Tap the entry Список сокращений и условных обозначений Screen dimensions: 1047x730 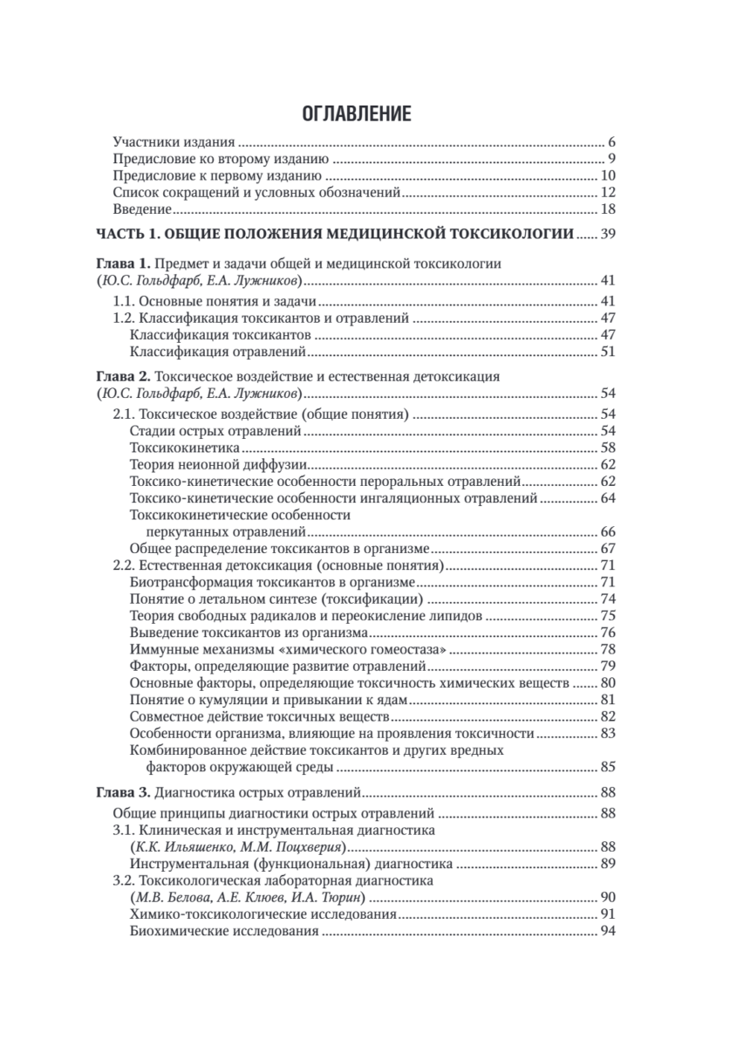click(257, 192)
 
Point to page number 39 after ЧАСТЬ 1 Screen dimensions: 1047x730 click(609, 234)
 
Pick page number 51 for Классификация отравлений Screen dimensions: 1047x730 click(609, 352)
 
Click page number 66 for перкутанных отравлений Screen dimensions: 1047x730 click(609, 531)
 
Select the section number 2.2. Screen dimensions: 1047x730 click(126, 565)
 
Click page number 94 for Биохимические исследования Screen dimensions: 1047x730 click(609, 932)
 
